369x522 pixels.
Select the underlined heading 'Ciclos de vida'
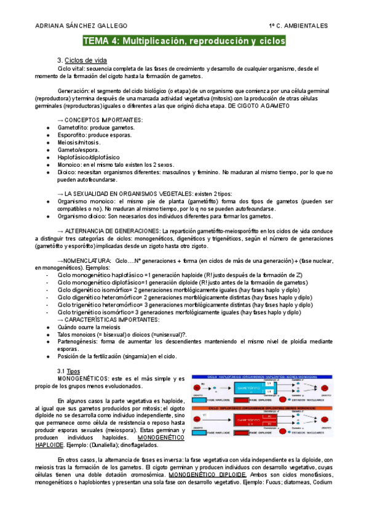click(86, 60)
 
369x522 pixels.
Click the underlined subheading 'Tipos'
click(73, 372)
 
